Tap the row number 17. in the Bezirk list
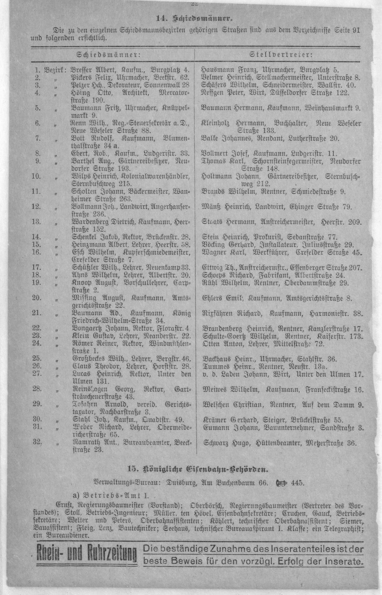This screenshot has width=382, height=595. (x=37, y=267)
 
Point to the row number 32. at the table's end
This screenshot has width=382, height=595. (x=37, y=442)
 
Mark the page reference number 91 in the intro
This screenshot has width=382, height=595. (x=356, y=31)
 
